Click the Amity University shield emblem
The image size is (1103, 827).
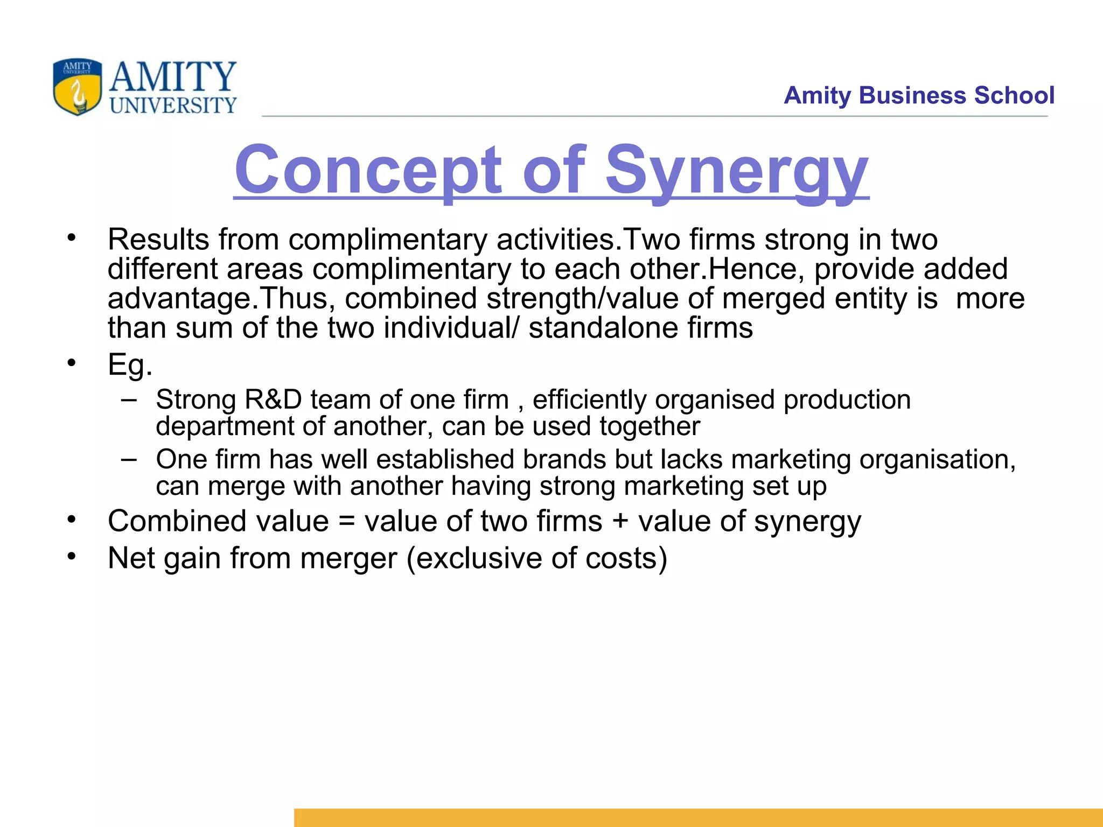[x=78, y=87]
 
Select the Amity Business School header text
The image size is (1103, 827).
[x=919, y=95]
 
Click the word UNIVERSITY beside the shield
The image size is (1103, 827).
[x=173, y=105]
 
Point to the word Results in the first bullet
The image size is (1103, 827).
[x=158, y=240]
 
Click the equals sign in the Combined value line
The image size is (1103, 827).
[x=347, y=522]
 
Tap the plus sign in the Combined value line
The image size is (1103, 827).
[x=620, y=522]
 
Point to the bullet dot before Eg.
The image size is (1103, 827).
[x=72, y=363]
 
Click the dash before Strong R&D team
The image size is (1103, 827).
[x=129, y=400]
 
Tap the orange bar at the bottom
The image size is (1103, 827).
[x=698, y=817]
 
